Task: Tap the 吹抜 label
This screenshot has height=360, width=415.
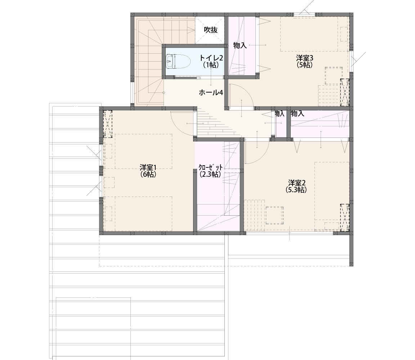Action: [x=211, y=30]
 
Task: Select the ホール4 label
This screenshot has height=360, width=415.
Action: [x=211, y=93]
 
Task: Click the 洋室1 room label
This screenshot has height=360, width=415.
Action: [x=148, y=167]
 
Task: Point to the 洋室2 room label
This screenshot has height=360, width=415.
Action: [x=297, y=183]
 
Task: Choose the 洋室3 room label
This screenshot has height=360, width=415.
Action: [x=304, y=58]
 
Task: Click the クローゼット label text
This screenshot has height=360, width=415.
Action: [x=211, y=167]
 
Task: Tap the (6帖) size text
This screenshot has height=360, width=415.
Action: [x=148, y=174]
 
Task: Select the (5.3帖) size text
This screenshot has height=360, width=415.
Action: [x=296, y=190]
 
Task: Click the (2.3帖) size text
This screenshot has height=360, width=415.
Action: [x=211, y=174]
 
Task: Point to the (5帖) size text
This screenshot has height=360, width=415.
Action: [x=305, y=64]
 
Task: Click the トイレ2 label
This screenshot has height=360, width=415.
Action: [x=211, y=58]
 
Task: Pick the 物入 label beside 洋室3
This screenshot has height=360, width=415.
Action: [x=240, y=45]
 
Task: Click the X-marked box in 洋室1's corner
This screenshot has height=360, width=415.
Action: [x=107, y=124]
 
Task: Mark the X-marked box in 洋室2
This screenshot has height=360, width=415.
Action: [x=345, y=217]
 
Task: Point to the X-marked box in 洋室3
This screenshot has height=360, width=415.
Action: [x=345, y=92]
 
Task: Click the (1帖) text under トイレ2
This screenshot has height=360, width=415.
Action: [x=211, y=65]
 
